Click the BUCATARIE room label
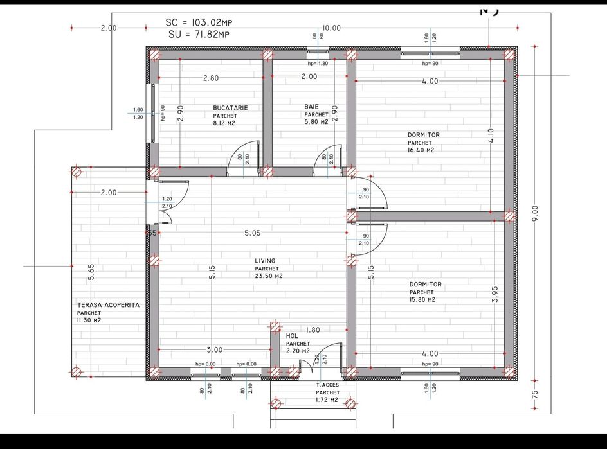(x=230, y=108)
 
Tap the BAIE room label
(x=313, y=107)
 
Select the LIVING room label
(x=265, y=261)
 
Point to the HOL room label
(x=292, y=335)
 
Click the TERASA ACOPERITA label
(x=108, y=305)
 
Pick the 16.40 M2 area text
(x=421, y=150)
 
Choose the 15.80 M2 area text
(x=422, y=300)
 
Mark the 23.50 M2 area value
(x=269, y=276)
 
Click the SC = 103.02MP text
(x=199, y=22)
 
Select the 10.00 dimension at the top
(x=331, y=28)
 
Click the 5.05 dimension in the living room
(x=252, y=233)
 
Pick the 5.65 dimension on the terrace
(x=91, y=272)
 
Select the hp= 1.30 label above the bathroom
(x=318, y=64)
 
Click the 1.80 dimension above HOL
(x=312, y=330)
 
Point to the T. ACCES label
(x=327, y=385)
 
